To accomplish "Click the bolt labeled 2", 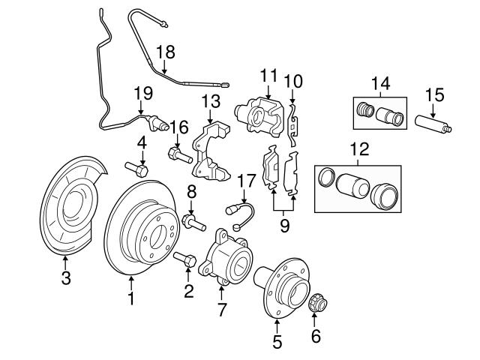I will coord(187,260).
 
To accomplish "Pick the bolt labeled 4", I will coord(137,168).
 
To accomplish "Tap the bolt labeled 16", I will coord(177,155).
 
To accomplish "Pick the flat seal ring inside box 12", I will coord(325,178).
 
